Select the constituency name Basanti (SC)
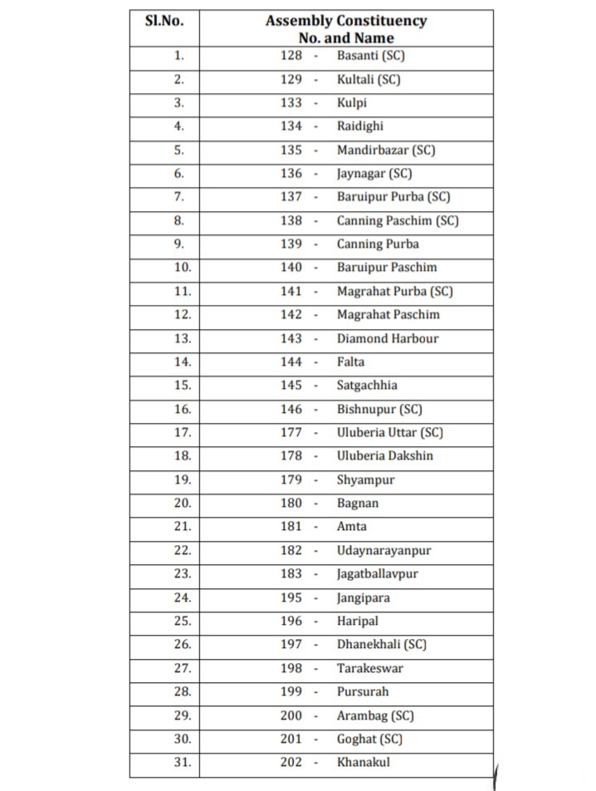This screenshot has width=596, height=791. [x=371, y=56]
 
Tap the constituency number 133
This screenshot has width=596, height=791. [x=291, y=103]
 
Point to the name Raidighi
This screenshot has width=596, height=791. [x=360, y=126]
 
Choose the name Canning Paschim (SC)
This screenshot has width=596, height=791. [x=398, y=220]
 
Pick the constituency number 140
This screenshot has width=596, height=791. [x=291, y=268]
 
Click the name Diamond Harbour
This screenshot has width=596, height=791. [x=388, y=338]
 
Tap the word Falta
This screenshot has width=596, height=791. [x=350, y=361]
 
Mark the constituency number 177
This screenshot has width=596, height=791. [x=291, y=432]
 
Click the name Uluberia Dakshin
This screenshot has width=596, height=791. [x=385, y=455]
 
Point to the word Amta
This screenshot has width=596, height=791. [x=352, y=526]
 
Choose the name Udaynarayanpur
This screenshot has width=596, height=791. [x=384, y=550]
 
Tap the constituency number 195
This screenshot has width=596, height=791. [x=291, y=597]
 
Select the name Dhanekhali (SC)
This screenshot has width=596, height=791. [x=382, y=644]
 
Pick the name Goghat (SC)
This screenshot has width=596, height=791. [x=370, y=739]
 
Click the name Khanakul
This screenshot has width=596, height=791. [x=363, y=762]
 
